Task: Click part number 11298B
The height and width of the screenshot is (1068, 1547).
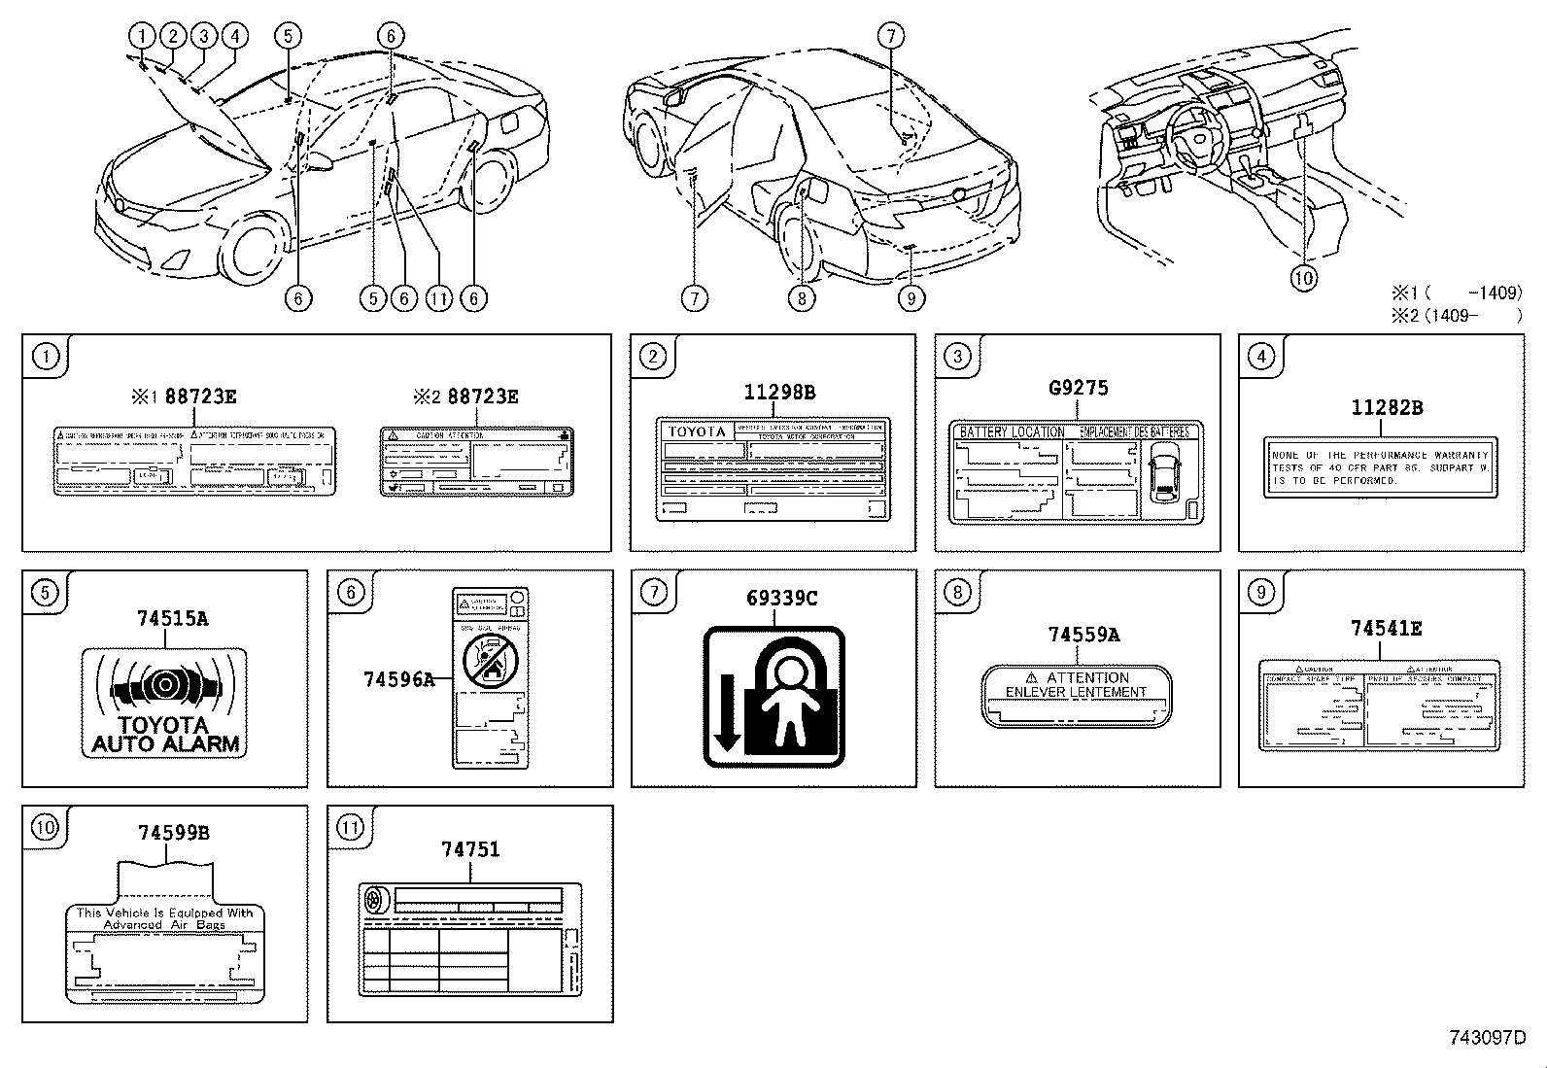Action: (779, 393)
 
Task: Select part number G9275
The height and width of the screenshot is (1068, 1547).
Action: (1078, 388)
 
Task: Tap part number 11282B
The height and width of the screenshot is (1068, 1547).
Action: (1387, 407)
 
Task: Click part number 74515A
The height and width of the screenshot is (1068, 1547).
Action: (172, 618)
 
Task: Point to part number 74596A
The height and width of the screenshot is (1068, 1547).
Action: (398, 679)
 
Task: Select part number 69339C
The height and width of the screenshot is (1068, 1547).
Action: (781, 599)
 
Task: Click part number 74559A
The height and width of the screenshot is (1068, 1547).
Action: (1083, 635)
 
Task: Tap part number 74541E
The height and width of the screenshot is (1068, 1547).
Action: (1386, 629)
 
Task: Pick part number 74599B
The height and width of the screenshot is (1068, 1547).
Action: (173, 833)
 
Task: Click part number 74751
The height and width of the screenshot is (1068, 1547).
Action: (470, 849)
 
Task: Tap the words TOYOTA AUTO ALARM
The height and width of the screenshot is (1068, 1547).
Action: (164, 736)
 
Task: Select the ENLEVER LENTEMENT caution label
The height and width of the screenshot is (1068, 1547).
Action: (1077, 695)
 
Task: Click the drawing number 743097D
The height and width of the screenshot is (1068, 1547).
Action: (1487, 1037)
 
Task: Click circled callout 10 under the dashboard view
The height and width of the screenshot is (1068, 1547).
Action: (1303, 278)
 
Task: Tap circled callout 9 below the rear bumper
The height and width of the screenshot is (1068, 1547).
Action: (911, 297)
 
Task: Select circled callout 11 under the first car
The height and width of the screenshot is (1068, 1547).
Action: (439, 298)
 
